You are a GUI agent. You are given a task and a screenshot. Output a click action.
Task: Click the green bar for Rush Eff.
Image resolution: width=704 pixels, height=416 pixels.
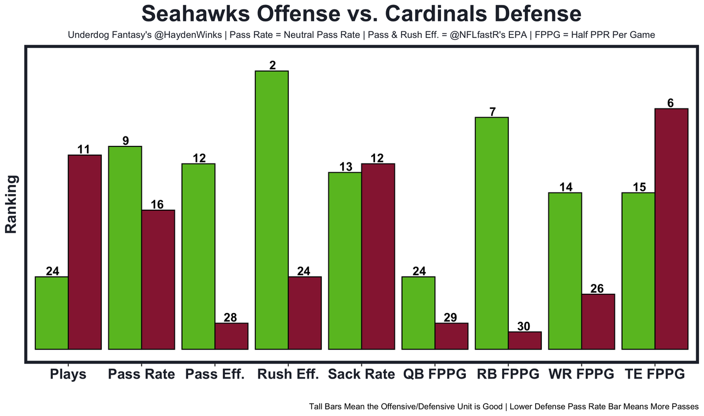click(x=272, y=210)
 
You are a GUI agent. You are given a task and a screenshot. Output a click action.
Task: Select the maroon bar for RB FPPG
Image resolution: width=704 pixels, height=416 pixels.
click(x=525, y=340)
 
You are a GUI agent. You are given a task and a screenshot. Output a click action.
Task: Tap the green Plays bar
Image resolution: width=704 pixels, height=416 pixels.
click(x=52, y=313)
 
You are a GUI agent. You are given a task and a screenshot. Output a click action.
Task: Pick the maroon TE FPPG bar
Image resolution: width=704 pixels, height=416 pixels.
click(x=671, y=228)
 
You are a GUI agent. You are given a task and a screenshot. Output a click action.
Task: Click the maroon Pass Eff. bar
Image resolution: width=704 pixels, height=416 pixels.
click(x=231, y=336)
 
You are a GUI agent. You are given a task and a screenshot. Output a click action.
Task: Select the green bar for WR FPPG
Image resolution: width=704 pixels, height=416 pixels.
click(x=565, y=271)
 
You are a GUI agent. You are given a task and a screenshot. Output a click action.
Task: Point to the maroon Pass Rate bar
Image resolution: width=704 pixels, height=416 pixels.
click(x=158, y=280)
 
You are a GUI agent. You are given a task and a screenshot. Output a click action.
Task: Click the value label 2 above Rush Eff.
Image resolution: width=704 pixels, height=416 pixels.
click(x=272, y=65)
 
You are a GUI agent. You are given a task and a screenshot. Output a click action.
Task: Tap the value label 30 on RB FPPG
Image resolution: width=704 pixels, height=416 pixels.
click(x=524, y=326)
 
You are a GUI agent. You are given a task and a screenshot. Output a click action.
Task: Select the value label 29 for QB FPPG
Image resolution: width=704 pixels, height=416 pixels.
click(x=451, y=318)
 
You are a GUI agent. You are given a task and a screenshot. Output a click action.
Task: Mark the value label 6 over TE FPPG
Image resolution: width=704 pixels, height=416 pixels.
click(x=670, y=103)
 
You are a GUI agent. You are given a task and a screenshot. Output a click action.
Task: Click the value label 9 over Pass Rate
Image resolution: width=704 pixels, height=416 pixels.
click(x=125, y=141)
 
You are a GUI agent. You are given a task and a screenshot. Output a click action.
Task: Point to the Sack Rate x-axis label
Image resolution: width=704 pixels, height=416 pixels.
click(x=361, y=375)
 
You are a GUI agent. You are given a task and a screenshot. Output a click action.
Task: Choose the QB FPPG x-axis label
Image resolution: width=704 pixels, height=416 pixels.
click(x=435, y=375)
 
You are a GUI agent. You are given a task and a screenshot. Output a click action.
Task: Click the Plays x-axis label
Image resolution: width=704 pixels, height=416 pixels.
click(x=68, y=375)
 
